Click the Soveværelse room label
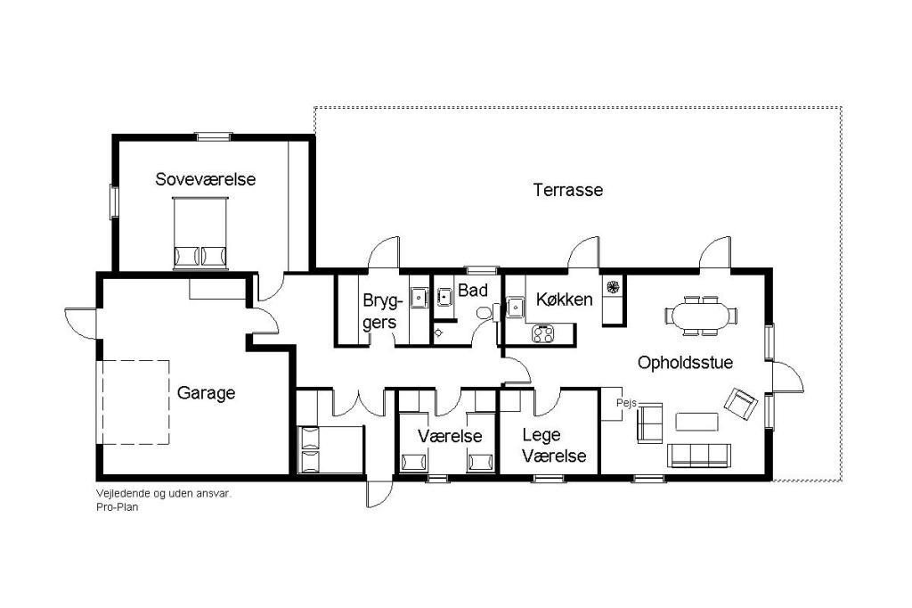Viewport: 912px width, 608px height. (206, 179)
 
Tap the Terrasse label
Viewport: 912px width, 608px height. (568, 190)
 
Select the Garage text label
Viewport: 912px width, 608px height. (206, 393)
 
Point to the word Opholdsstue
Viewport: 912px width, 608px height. (685, 363)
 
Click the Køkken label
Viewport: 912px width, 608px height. (564, 300)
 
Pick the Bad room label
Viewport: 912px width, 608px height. (473, 290)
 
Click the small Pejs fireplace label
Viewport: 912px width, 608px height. (626, 403)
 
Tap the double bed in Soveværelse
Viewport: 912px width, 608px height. (200, 233)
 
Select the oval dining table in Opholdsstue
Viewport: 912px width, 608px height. (700, 316)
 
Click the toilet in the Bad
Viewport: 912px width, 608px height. (484, 313)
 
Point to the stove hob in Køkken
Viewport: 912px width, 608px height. (543, 333)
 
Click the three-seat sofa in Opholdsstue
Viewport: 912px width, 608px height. (698, 456)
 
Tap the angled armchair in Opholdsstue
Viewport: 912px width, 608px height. (740, 404)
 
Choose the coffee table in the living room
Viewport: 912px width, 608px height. (696, 422)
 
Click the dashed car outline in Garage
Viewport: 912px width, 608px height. (136, 402)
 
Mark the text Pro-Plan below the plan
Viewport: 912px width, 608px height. (118, 507)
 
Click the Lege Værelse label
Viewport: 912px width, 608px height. (554, 445)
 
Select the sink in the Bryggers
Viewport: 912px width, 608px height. (419, 297)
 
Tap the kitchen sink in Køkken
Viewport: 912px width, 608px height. (516, 307)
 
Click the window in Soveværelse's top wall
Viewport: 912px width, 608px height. (214, 137)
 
